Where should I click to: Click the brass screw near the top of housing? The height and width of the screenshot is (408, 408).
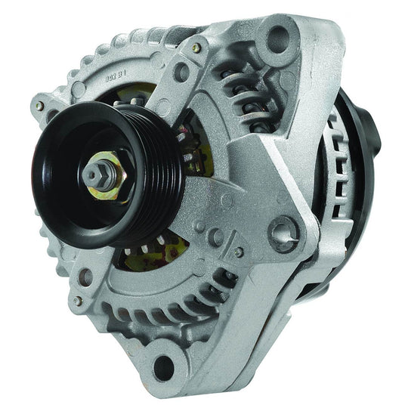click(x=196, y=47)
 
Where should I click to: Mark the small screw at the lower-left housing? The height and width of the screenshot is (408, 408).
click(x=78, y=300)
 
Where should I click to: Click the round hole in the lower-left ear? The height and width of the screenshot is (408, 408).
click(x=84, y=277)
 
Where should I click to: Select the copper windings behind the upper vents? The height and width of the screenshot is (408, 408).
click(x=240, y=94)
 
